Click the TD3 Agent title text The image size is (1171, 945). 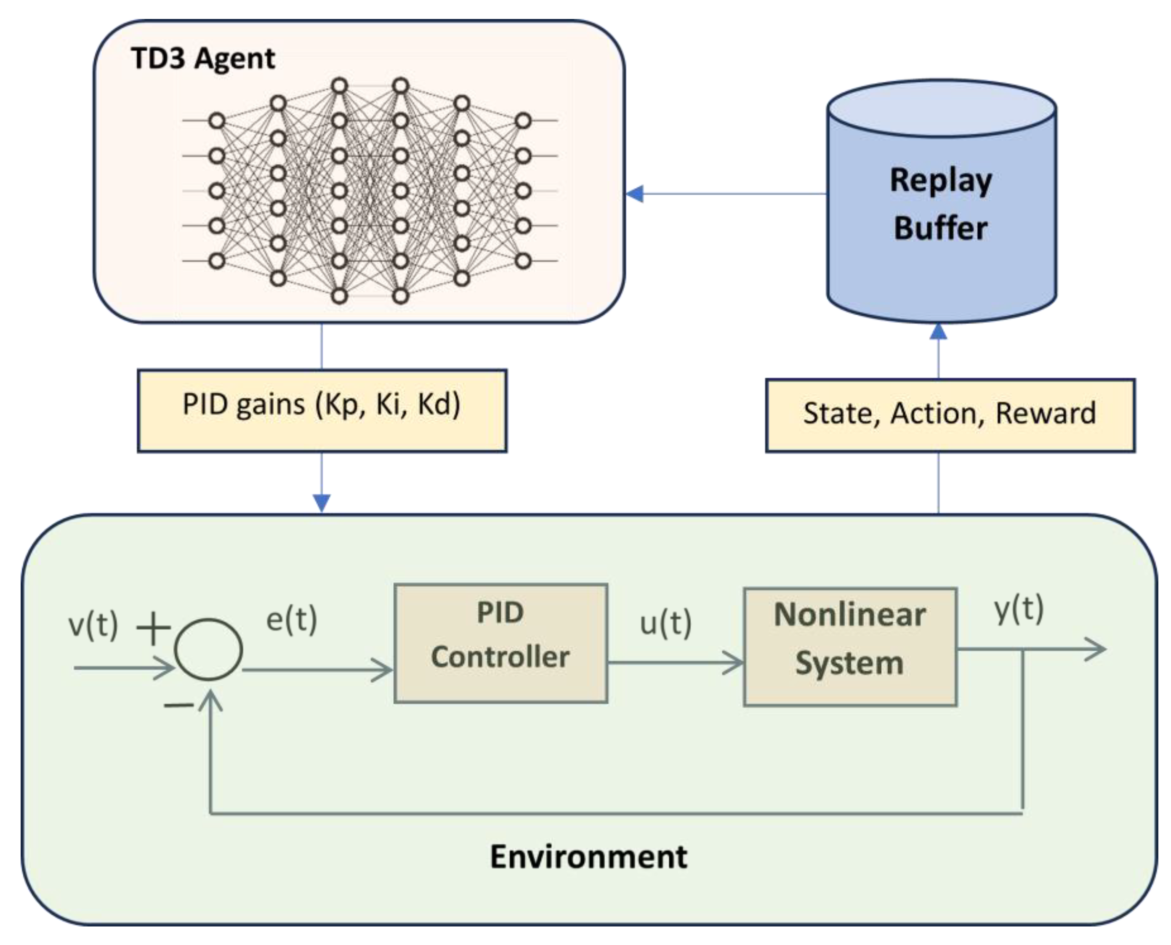click(x=202, y=58)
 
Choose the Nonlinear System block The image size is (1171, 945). click(x=850, y=647)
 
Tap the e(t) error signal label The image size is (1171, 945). click(x=291, y=620)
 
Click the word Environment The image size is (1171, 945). click(x=588, y=857)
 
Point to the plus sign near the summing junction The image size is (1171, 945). click(x=153, y=628)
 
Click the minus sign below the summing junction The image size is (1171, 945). click(x=178, y=705)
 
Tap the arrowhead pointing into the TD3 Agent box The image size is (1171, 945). click(x=635, y=194)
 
